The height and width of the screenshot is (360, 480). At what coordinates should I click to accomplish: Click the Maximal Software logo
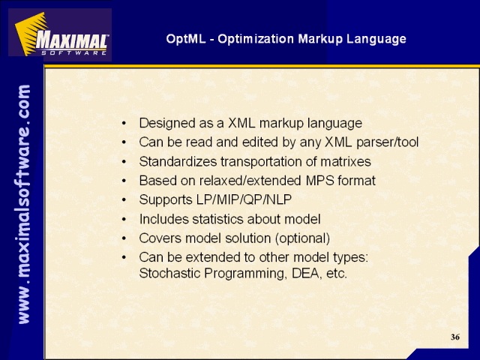click(60, 34)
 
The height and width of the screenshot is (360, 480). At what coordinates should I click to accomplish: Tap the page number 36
click(455, 337)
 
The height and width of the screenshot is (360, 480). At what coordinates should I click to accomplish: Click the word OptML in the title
click(186, 39)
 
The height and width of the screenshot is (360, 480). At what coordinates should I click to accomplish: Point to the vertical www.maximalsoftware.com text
click(24, 204)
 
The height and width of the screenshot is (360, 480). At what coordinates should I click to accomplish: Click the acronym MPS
click(320, 181)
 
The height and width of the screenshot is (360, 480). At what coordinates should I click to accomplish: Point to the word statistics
click(217, 219)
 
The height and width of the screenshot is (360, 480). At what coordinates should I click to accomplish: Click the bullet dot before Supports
click(124, 200)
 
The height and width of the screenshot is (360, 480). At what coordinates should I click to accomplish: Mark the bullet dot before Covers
click(124, 238)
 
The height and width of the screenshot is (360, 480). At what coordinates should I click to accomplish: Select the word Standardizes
click(178, 161)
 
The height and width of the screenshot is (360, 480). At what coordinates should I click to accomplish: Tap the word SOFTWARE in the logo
click(74, 53)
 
